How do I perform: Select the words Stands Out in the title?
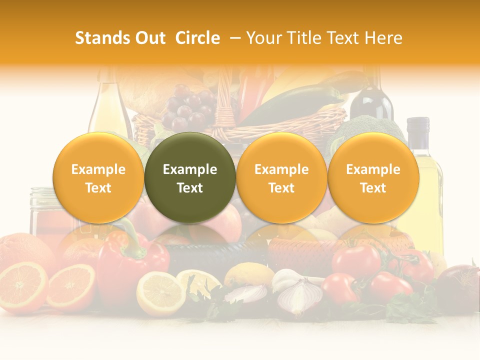(x=120, y=38)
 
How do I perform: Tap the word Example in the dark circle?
(x=190, y=169)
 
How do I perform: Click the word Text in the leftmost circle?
(x=98, y=188)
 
